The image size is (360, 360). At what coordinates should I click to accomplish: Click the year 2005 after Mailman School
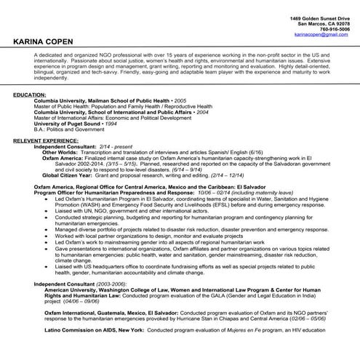(180, 101)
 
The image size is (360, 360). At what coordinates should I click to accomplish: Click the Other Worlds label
(60, 153)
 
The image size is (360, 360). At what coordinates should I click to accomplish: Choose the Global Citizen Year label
(67, 175)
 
